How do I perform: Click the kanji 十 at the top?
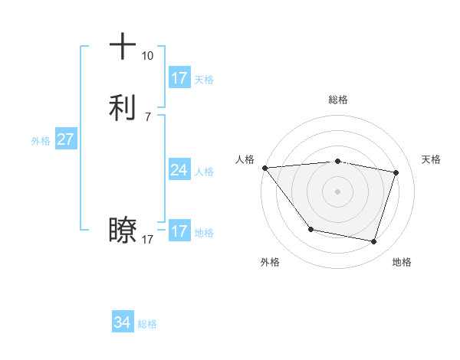pos(123,46)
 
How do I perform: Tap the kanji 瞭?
pos(123,230)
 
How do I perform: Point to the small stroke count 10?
pos(147,56)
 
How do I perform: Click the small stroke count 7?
pos(147,117)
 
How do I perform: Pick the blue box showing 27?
pos(65,139)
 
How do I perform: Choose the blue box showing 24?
pos(179,170)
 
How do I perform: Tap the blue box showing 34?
pos(122,322)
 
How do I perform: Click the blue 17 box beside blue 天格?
pos(179,78)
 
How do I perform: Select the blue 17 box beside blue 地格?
pos(179,231)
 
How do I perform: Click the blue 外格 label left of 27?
pos(41,141)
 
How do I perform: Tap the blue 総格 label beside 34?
pos(147,324)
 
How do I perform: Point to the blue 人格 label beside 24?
pos(204,172)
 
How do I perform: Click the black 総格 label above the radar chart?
pos(337,100)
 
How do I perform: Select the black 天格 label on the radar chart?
pos(431,159)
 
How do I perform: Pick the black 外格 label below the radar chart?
pos(270,262)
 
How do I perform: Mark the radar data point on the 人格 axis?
pos(264,168)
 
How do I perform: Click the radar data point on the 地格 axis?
pos(373,241)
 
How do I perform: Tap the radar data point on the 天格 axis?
pos(396,172)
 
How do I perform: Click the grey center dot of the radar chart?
pos(337,191)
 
